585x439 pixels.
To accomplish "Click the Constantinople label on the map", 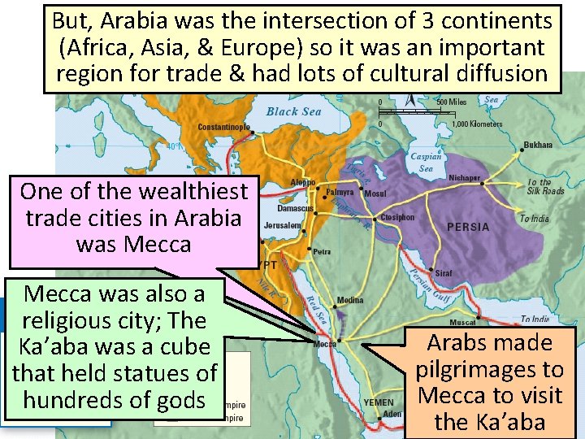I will (224, 127).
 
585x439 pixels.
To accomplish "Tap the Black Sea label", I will (293, 111).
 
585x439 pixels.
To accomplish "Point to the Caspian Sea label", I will (426, 163).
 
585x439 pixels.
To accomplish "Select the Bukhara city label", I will (538, 145).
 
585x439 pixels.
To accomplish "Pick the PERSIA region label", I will (469, 227).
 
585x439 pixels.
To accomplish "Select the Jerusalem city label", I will (283, 225).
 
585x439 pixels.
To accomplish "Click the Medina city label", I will (350, 300).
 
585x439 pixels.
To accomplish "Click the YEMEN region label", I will (379, 402).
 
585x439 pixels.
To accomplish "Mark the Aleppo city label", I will (303, 182).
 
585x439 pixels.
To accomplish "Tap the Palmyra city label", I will (340, 193).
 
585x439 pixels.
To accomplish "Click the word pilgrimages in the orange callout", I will (489, 369).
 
